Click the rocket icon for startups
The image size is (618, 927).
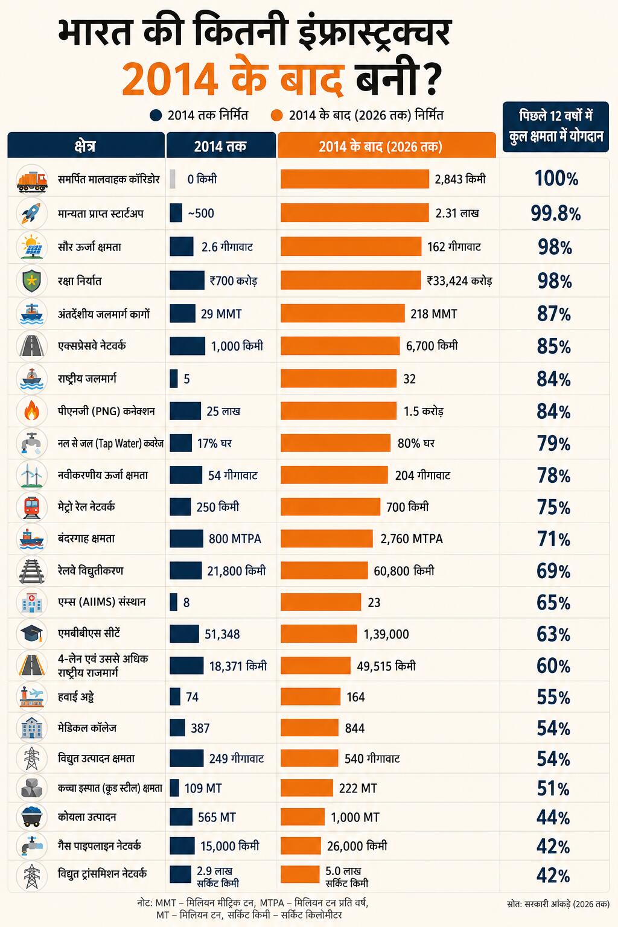pyautogui.click(x=31, y=213)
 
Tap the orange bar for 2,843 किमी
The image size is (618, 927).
pyautogui.click(x=355, y=179)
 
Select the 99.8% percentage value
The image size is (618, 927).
pyautogui.click(x=555, y=214)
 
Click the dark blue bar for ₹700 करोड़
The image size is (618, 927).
pyautogui.click(x=187, y=281)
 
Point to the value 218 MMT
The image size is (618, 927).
pyautogui.click(x=434, y=314)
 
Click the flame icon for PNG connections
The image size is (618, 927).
pyautogui.click(x=31, y=411)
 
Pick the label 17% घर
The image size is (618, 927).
pyautogui.click(x=214, y=443)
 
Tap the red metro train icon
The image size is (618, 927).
pyautogui.click(x=31, y=507)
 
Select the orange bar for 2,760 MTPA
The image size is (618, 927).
pyautogui.click(x=327, y=539)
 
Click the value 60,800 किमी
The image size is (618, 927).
pyautogui.click(x=404, y=571)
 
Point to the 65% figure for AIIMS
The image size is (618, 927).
pyautogui.click(x=553, y=602)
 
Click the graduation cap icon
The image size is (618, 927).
pyautogui.click(x=31, y=634)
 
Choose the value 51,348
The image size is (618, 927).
pyautogui.click(x=222, y=634)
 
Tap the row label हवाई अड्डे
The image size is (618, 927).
pyautogui.click(x=76, y=697)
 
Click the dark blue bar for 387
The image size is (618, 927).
pyautogui.click(x=177, y=728)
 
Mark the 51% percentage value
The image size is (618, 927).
pyautogui.click(x=553, y=789)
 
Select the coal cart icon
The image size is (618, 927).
pyautogui.click(x=31, y=817)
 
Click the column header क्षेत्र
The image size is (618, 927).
pyautogui.click(x=85, y=146)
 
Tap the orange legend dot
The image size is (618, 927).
pyautogui.click(x=276, y=115)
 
